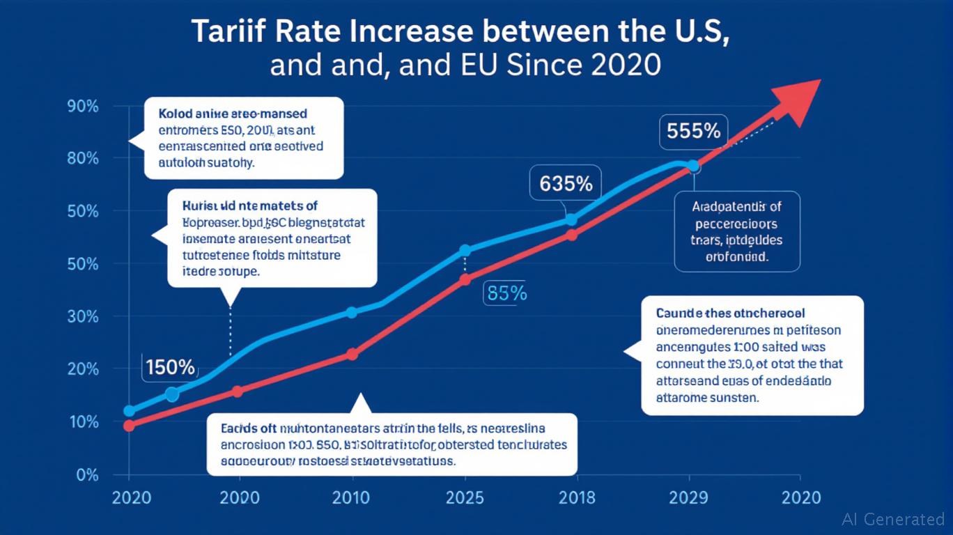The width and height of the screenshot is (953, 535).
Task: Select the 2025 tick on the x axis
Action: pos(464,497)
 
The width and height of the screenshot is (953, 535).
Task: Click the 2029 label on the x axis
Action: pos(689,497)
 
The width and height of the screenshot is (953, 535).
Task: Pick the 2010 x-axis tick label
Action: pos(351,497)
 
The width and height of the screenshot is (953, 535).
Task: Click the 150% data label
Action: pos(170,366)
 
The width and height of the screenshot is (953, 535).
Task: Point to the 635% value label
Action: pos(566,184)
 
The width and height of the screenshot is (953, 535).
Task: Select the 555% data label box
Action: pos(693,131)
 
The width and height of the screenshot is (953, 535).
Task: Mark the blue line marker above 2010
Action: pos(352,312)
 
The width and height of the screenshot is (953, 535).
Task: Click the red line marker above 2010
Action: pos(352,355)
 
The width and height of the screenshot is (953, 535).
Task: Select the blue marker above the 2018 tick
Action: pos(571,219)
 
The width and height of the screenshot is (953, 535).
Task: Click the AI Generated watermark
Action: pos(893,519)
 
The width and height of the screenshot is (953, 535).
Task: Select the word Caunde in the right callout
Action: pos(679,314)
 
